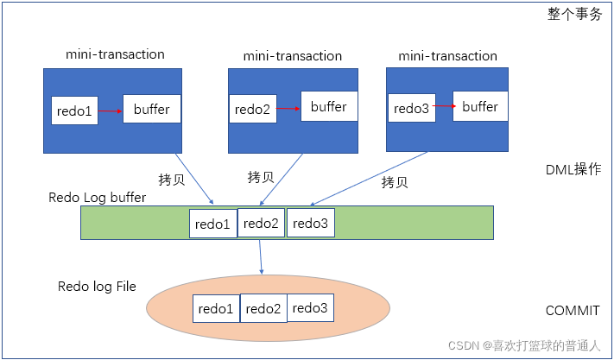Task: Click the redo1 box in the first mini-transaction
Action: point(74,111)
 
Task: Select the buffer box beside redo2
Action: point(328,107)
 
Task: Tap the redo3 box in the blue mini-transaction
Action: point(410,109)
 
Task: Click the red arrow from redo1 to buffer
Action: point(110,111)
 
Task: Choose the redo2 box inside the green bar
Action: point(261,223)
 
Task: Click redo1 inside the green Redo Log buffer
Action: point(213,224)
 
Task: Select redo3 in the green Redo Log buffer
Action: point(310,223)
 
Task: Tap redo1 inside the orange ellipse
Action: point(216,309)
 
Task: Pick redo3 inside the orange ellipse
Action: point(310,307)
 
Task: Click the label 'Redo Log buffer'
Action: point(98,198)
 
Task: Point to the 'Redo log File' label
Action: point(97,286)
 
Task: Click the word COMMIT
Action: point(573,311)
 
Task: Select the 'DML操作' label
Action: point(573,170)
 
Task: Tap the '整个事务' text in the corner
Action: point(574,14)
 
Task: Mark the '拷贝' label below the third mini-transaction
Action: point(394,183)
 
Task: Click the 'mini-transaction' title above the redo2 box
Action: point(292,56)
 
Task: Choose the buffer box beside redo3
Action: point(480,107)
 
